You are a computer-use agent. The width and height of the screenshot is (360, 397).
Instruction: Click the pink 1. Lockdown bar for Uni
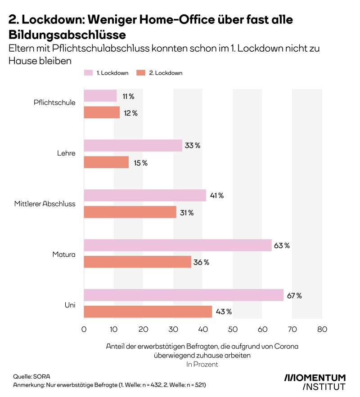184,295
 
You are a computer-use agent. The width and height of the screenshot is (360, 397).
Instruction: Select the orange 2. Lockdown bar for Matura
137,262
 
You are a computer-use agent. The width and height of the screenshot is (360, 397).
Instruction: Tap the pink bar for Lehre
133,146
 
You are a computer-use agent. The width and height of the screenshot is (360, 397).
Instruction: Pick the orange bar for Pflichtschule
102,113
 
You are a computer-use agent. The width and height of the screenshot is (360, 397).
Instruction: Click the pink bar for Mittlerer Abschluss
145,196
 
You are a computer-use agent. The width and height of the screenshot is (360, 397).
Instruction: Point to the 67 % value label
295,295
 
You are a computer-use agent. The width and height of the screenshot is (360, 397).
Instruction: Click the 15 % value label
140,163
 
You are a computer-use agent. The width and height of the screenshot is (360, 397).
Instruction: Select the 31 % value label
187,213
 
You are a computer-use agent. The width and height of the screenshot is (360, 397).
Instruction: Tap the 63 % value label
283,245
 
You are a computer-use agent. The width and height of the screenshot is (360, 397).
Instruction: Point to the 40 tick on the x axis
203,330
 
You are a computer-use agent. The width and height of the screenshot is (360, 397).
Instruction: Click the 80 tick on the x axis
322,330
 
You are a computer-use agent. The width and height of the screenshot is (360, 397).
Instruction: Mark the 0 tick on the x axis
84,330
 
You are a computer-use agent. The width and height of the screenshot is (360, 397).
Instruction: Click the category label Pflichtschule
54,102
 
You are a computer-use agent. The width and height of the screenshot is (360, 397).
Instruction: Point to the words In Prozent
202,364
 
